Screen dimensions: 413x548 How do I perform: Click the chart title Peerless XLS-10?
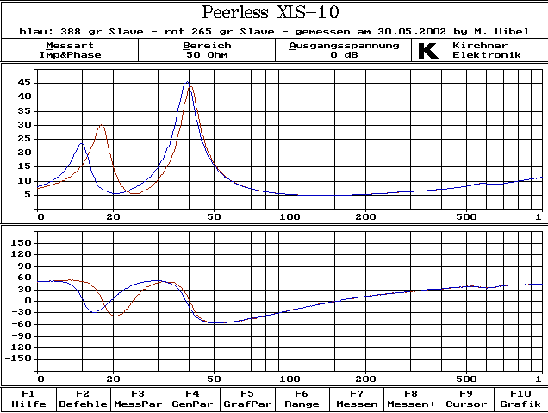270,12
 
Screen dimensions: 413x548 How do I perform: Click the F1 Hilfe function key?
28,398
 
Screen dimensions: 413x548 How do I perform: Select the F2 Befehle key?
83,398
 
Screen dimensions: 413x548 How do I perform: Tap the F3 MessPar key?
138,398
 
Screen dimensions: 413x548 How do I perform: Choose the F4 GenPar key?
192,398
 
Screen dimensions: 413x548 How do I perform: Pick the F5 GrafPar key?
246,398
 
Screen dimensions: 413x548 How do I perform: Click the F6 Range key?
301,398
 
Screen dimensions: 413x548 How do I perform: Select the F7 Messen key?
356,398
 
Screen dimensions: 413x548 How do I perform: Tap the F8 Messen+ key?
410,398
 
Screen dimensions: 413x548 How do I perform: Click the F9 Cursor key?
465,398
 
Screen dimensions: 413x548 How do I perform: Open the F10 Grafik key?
520,398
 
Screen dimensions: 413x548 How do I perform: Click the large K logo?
428,50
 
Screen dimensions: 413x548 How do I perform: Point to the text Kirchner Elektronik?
487,50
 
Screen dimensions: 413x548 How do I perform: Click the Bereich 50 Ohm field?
207,50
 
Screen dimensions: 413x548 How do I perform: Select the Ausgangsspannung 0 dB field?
344,50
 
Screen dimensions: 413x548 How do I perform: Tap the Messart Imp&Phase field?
70,50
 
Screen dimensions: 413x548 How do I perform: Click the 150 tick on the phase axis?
21,243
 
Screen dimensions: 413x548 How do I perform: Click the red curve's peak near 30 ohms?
102,125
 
